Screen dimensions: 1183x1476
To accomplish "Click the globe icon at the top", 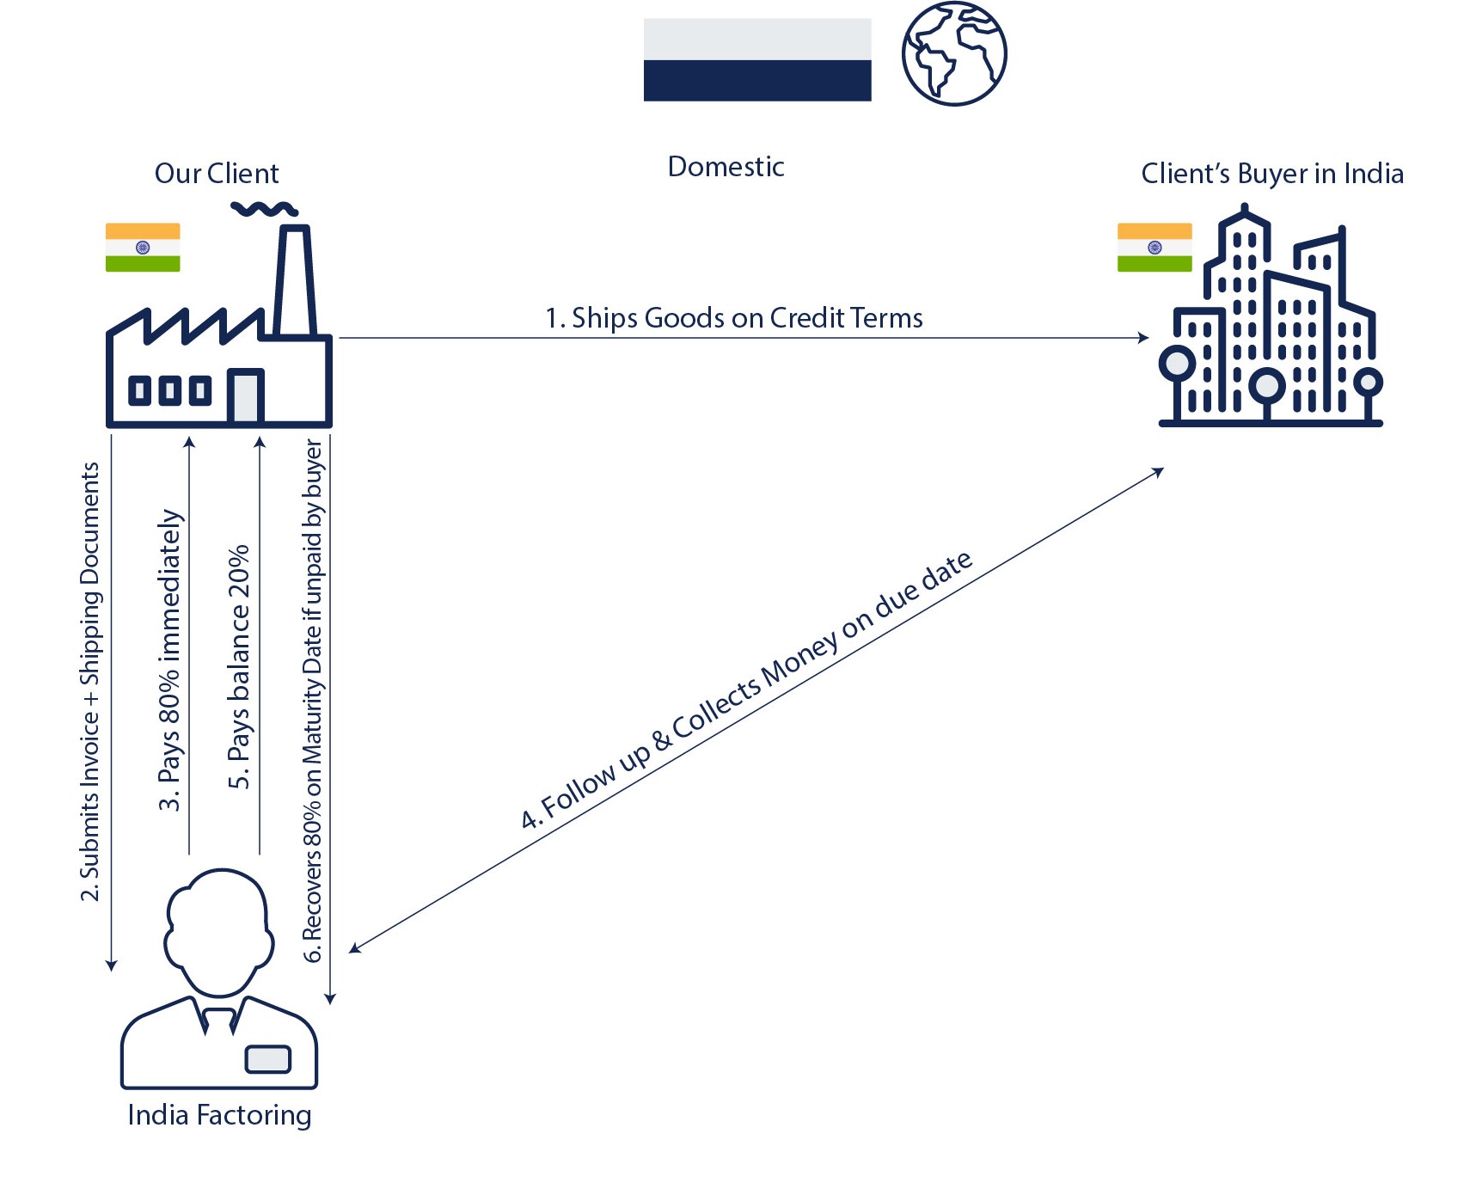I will point(953,54).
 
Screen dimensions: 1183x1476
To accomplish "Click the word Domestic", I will point(726,167).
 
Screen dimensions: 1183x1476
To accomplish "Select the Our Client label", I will point(217,174).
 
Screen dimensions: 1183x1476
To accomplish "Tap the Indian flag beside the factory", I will point(143,248).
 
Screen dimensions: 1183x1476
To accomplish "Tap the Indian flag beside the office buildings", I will point(1154,248).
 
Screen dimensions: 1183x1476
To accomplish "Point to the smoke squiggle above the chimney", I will point(263,208).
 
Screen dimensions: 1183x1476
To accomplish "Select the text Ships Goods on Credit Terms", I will point(746,318).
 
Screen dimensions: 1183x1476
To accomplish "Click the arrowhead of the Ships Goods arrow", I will point(1144,338).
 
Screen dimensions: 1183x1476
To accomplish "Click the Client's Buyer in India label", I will point(1271,174).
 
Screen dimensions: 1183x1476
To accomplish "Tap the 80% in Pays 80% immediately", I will point(170,686).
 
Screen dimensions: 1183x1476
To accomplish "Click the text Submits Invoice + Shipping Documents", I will point(90,681).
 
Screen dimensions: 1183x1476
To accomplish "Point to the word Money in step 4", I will point(799,658).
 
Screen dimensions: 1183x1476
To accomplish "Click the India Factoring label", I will point(219,1115).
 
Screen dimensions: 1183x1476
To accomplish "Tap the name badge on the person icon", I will point(267,1059).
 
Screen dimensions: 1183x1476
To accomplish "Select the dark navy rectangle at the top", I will point(756,81).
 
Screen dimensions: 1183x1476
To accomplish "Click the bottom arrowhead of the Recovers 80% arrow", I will point(330,999).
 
